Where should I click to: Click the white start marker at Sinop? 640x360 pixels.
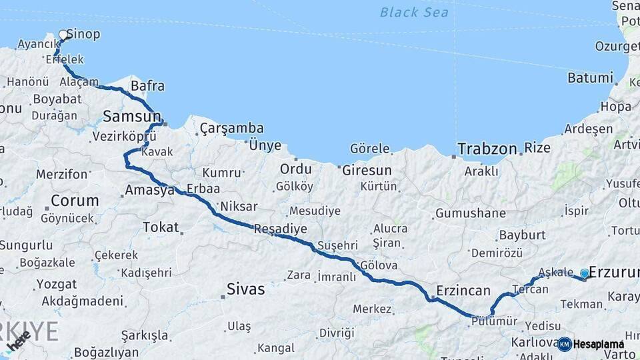coord(64,35)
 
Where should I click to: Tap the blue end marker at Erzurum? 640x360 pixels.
coord(585,273)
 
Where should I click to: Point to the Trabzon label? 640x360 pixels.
coord(487,149)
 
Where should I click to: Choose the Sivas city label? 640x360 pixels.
coord(245,289)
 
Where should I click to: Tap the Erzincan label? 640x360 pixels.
coord(463,291)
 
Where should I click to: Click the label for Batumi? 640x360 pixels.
coord(590,78)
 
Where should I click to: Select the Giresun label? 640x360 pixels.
coord(367,170)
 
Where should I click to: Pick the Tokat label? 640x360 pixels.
coord(161,227)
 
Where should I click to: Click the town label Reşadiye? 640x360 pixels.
coord(280,229)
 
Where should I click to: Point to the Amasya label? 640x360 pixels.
coord(150,190)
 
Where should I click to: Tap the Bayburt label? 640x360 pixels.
coord(522,235)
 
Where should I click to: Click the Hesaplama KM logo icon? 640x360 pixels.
coord(565,344)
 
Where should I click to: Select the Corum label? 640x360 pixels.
coord(75,200)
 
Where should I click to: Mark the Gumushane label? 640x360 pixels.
coord(470,214)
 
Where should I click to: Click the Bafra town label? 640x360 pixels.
coord(147,86)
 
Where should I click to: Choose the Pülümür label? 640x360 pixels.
coord(494,321)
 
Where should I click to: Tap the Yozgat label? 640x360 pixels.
coord(56,283)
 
